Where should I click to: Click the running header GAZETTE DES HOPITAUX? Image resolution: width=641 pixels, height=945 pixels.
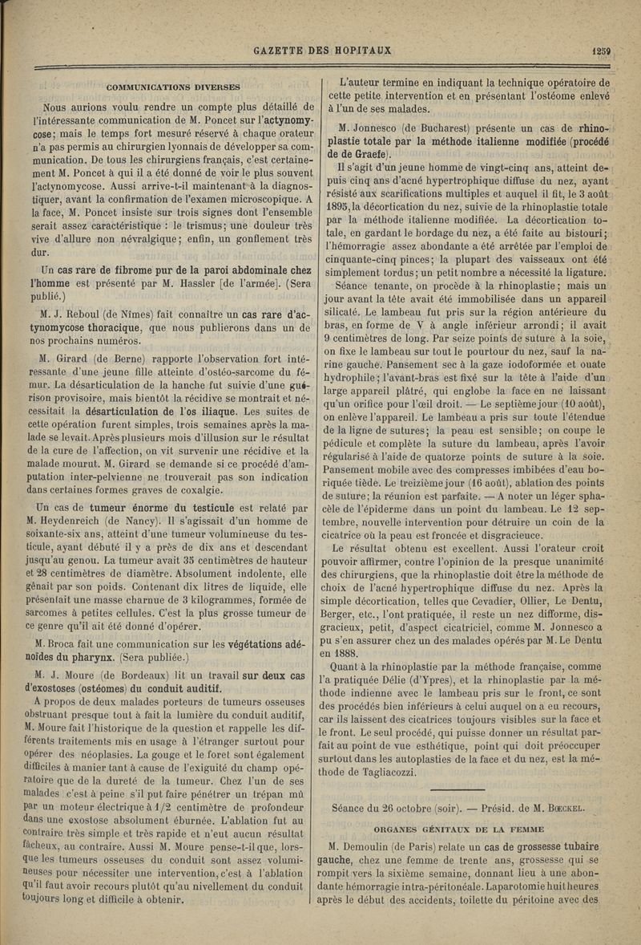(x=322, y=51)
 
